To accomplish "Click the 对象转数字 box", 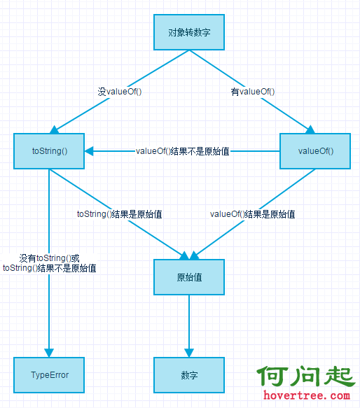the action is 189,32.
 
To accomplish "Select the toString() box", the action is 49,151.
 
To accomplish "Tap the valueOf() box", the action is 315,151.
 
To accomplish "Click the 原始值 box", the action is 189,277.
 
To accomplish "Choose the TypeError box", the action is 49,374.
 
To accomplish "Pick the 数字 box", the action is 189,374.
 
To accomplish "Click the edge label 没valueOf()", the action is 120,92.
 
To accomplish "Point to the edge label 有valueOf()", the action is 253,92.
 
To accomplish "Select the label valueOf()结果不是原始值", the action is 182,151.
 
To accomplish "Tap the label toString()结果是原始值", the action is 120,214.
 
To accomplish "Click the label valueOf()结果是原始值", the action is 253,214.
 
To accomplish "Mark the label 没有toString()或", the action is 49,258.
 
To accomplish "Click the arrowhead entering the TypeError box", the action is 49,353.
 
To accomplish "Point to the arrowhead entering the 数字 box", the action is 189,353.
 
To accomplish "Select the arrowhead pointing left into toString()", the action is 89,151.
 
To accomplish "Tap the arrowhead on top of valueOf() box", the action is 310,129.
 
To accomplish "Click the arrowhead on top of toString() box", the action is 54,129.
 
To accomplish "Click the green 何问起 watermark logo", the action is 305,376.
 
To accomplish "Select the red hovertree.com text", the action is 306,395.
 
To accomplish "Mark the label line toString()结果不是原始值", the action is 49,268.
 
